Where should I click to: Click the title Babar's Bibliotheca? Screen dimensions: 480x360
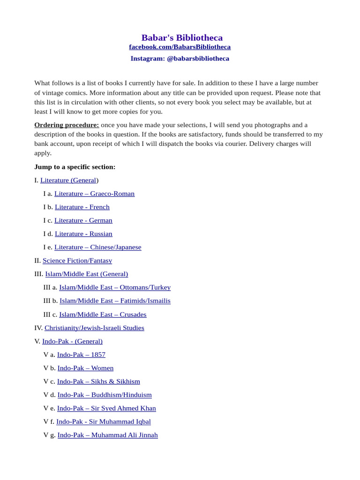tap(182, 37)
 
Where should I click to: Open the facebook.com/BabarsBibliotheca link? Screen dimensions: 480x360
tap(180, 47)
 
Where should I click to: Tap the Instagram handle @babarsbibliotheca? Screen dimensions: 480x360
tap(198, 59)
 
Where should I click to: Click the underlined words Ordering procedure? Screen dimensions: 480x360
tap(67, 125)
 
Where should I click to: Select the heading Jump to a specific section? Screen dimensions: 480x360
tap(75, 167)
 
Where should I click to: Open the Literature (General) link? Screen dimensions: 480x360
tap(68, 180)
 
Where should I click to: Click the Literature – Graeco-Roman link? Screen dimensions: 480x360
tap(94, 194)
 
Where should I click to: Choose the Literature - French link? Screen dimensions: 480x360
tap(82, 207)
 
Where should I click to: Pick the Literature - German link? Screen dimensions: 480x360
tap(83, 220)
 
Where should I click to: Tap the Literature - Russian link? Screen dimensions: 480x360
tap(83, 233)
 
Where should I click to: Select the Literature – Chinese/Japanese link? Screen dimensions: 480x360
tap(97, 247)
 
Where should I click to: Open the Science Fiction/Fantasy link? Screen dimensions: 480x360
tap(77, 261)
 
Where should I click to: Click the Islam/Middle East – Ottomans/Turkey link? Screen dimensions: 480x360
tap(115, 287)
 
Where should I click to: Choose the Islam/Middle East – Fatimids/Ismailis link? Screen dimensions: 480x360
tap(115, 300)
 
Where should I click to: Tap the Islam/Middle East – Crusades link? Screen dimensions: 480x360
tap(103, 315)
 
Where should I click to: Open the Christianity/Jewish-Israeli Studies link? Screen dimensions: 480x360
tap(94, 328)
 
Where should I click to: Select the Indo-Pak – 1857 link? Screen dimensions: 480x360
tap(81, 355)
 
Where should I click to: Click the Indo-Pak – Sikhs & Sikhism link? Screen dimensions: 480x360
tap(98, 382)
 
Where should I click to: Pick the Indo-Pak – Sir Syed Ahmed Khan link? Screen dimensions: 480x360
tap(106, 408)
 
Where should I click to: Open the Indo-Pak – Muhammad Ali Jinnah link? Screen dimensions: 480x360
tap(107, 435)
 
